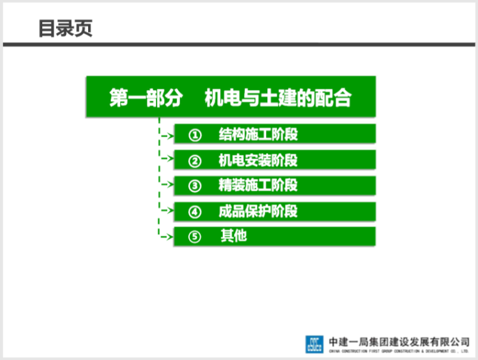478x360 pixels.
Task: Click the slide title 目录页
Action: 65,29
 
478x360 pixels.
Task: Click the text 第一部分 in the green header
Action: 146,98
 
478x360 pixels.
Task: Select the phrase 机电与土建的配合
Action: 277,98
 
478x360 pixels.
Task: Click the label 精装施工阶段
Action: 258,185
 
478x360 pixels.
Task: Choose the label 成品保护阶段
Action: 258,211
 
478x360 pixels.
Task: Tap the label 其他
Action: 233,237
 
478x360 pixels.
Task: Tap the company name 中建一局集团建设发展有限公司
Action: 399,340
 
